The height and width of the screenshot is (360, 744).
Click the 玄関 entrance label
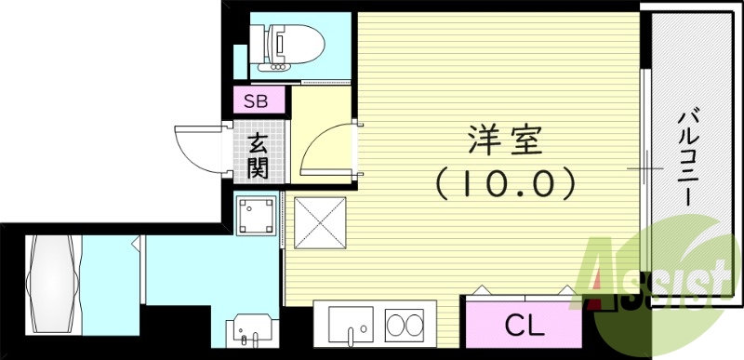(258, 155)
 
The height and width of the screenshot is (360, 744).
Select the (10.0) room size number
(503, 183)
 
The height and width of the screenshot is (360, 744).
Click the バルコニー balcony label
(689, 158)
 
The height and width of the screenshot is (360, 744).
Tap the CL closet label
(525, 325)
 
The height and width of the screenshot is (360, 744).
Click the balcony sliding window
(644, 167)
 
